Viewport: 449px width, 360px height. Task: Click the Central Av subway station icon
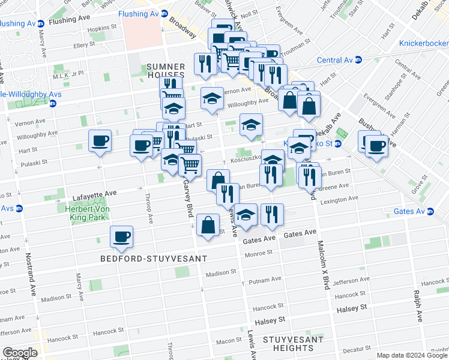pos(358,59)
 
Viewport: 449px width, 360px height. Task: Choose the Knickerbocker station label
pos(424,44)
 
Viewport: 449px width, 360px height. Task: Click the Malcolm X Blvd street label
pos(324,264)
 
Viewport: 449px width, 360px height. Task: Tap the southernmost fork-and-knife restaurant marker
pos(272,214)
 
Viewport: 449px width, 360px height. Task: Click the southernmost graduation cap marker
pos(246,214)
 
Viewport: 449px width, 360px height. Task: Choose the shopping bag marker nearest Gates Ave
pos(208,225)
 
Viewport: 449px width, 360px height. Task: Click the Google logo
pos(20,353)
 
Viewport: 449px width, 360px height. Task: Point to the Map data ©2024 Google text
pos(412,355)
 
